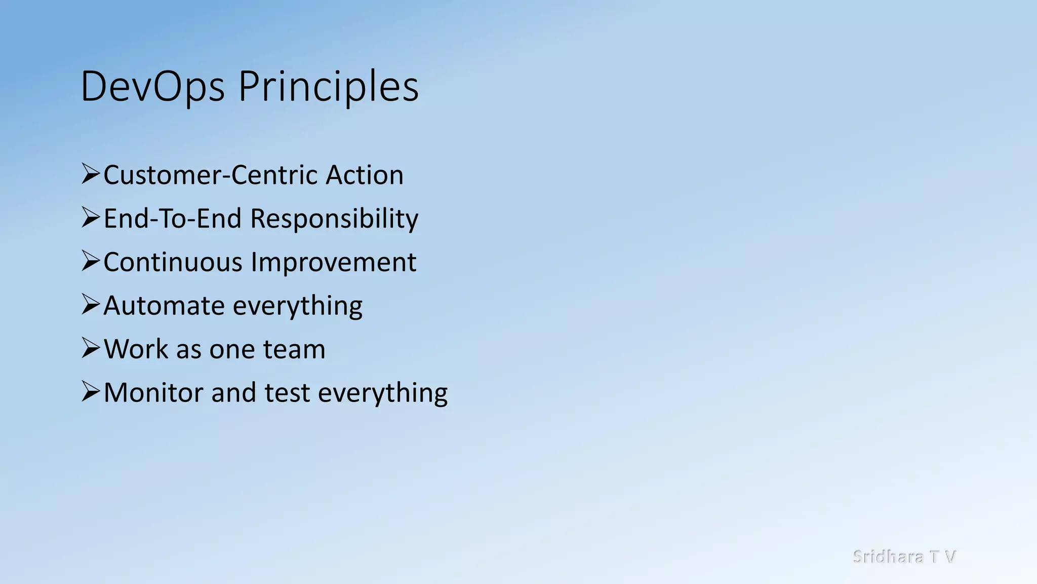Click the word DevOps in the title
[x=152, y=87]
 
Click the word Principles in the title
[x=329, y=87]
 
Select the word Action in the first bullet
[x=364, y=175]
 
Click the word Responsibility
[x=334, y=219]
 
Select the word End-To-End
[x=173, y=219]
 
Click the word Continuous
[x=173, y=263]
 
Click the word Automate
[x=164, y=306]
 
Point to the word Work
[x=136, y=350]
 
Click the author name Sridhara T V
[x=904, y=557]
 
